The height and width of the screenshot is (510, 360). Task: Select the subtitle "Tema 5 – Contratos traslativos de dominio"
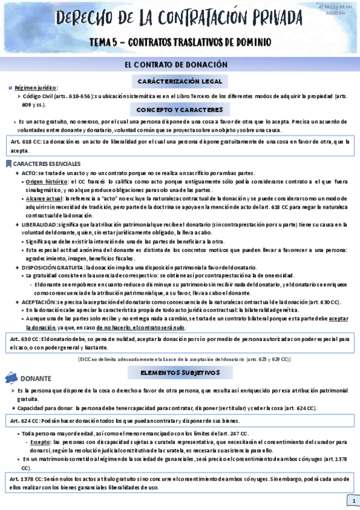[x=180, y=43]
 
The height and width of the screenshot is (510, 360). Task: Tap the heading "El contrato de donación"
[x=180, y=64]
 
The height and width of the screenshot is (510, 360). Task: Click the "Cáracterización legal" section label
[x=180, y=81]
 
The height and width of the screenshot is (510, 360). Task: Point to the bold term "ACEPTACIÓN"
[x=38, y=301]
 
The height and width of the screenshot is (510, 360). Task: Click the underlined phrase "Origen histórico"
[x=47, y=180]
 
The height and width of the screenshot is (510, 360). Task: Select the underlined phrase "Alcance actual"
[x=44, y=198]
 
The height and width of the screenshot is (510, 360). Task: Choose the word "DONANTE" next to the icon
[x=36, y=379]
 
